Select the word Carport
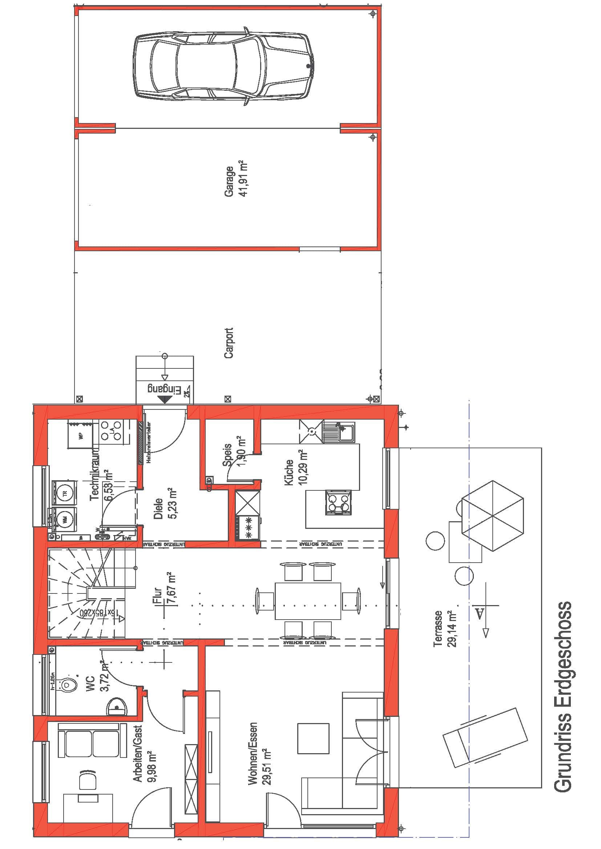click(229, 343)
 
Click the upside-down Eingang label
click(164, 389)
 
